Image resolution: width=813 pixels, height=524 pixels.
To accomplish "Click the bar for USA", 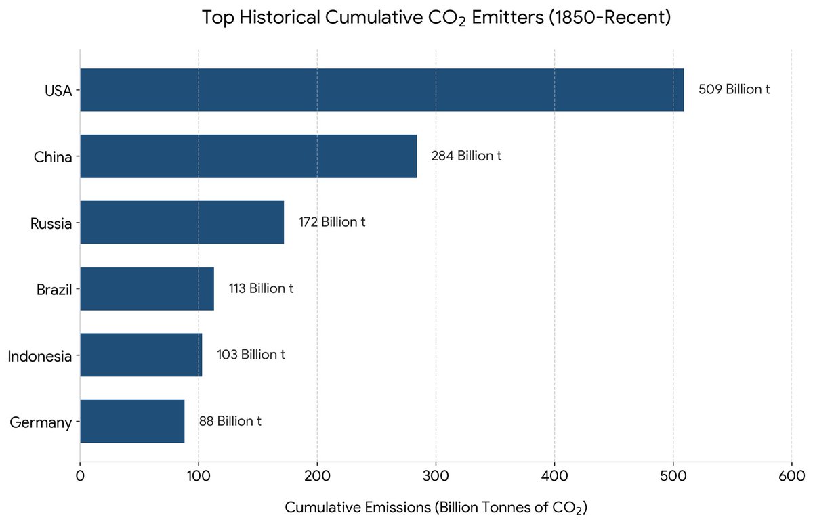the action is [382, 90].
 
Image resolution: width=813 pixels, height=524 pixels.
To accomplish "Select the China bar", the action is [249, 156].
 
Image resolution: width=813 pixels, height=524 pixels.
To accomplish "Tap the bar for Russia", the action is [182, 223].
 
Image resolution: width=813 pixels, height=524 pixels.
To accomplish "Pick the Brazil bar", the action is [147, 289].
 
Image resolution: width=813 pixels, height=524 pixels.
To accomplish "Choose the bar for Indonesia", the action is [141, 355].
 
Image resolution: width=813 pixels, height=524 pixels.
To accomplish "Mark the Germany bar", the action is [133, 421].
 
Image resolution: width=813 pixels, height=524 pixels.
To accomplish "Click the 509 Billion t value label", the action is [734, 89].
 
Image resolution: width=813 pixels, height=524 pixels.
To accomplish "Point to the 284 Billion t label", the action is [466, 156].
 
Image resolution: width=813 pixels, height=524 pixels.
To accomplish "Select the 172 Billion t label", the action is [332, 222].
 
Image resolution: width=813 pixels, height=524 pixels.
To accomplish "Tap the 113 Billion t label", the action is [261, 288].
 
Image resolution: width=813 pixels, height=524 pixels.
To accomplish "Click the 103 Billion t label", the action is [251, 355].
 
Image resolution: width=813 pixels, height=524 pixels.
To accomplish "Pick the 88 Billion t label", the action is [230, 421].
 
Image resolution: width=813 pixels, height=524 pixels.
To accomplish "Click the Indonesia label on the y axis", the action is [40, 357].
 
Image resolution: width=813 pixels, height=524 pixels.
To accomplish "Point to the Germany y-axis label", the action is [41, 423].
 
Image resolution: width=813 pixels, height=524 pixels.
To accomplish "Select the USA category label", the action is [58, 91].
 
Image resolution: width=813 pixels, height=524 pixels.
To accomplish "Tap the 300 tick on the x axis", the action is [436, 476].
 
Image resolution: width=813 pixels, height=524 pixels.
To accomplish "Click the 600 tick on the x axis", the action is [792, 476].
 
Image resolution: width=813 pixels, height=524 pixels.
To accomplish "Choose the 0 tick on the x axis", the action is [80, 476].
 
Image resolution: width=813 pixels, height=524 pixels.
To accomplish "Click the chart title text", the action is [436, 18].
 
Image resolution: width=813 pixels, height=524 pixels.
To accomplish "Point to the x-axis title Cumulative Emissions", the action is [436, 508].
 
